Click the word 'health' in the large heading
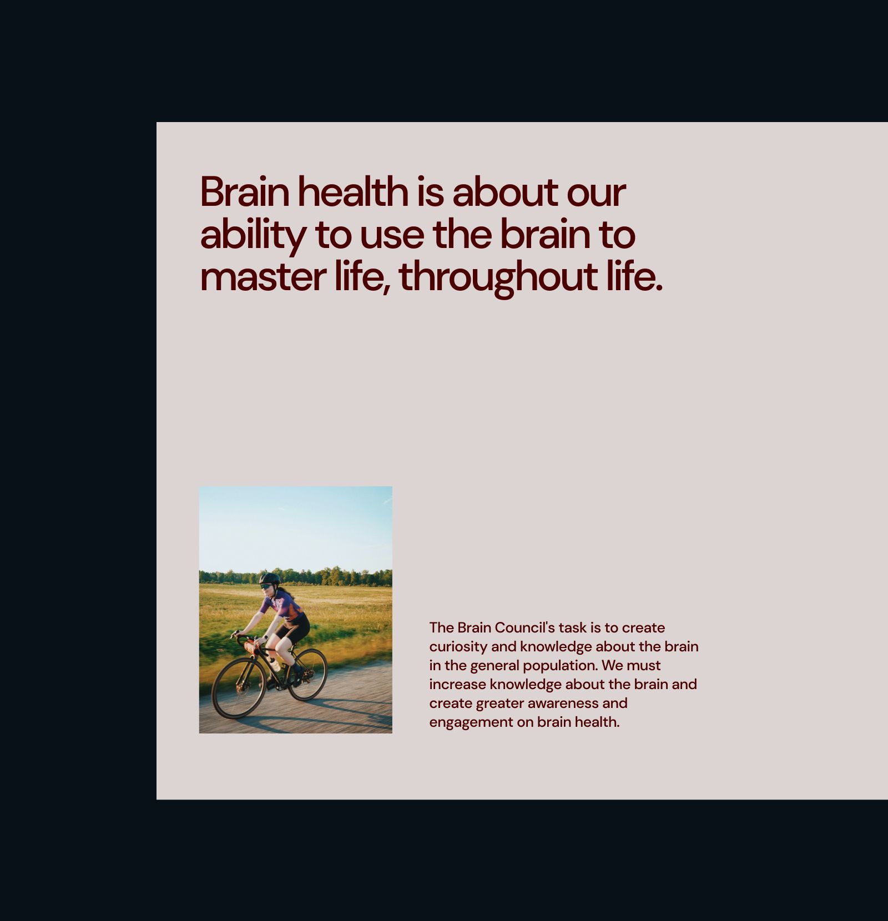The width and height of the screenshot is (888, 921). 353,191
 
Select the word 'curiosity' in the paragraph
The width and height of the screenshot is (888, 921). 458,647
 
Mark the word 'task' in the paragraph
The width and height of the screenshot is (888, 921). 572,628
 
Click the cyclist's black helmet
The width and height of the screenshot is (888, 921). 270,578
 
